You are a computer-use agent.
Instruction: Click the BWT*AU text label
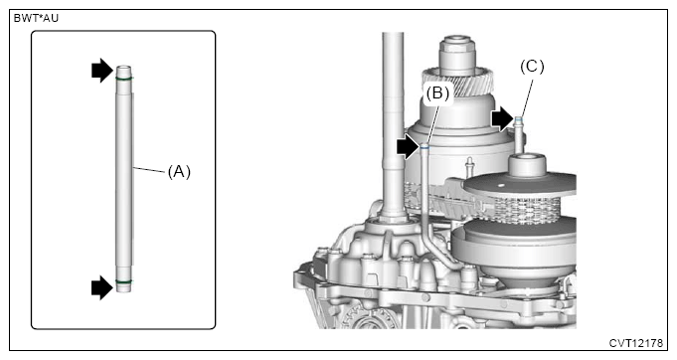click(x=36, y=19)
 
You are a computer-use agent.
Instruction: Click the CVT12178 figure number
click(x=635, y=343)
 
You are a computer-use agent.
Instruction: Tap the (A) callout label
click(x=179, y=172)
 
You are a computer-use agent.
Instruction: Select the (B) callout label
click(x=437, y=92)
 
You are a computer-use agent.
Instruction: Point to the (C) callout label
click(x=532, y=67)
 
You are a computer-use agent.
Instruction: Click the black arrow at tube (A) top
click(x=102, y=71)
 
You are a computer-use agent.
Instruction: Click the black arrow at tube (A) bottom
click(x=102, y=287)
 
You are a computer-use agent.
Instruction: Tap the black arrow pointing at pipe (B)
click(x=408, y=147)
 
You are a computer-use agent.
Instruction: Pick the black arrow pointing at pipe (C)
click(x=503, y=118)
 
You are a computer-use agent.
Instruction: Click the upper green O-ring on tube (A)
click(x=124, y=79)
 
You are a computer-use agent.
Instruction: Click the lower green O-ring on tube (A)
click(x=124, y=281)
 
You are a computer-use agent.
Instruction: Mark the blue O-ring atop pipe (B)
click(x=424, y=147)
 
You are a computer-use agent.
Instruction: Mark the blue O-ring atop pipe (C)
click(x=519, y=118)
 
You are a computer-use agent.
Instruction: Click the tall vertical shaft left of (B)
click(x=393, y=125)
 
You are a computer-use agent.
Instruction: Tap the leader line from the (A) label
click(x=149, y=170)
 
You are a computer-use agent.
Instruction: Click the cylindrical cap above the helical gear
click(x=457, y=54)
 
